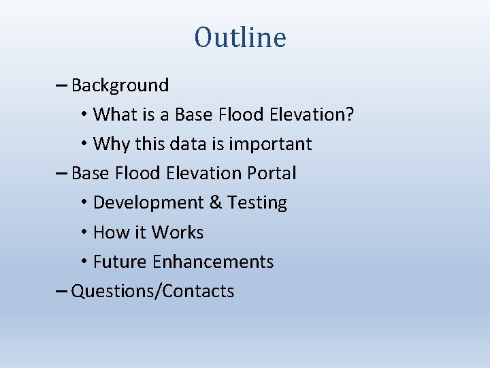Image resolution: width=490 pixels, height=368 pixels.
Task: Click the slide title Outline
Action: tap(240, 37)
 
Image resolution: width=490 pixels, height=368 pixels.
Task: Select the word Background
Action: tap(120, 85)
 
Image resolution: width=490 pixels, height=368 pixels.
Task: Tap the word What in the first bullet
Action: tap(114, 114)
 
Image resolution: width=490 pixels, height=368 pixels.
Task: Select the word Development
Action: tap(146, 203)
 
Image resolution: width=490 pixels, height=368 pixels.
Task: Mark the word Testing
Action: tap(257, 203)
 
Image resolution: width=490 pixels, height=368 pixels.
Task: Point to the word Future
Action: tap(120, 262)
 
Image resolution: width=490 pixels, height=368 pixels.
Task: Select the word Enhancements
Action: tap(213, 262)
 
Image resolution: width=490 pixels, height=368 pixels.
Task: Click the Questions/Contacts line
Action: tap(152, 292)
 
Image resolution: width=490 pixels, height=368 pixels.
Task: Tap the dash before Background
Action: tap(61, 86)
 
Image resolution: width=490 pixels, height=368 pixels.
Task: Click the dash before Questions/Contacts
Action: tap(61, 292)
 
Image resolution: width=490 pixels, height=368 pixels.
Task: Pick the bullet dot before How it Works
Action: tap(83, 233)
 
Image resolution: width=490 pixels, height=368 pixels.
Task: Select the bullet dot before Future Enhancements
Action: tap(83, 262)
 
